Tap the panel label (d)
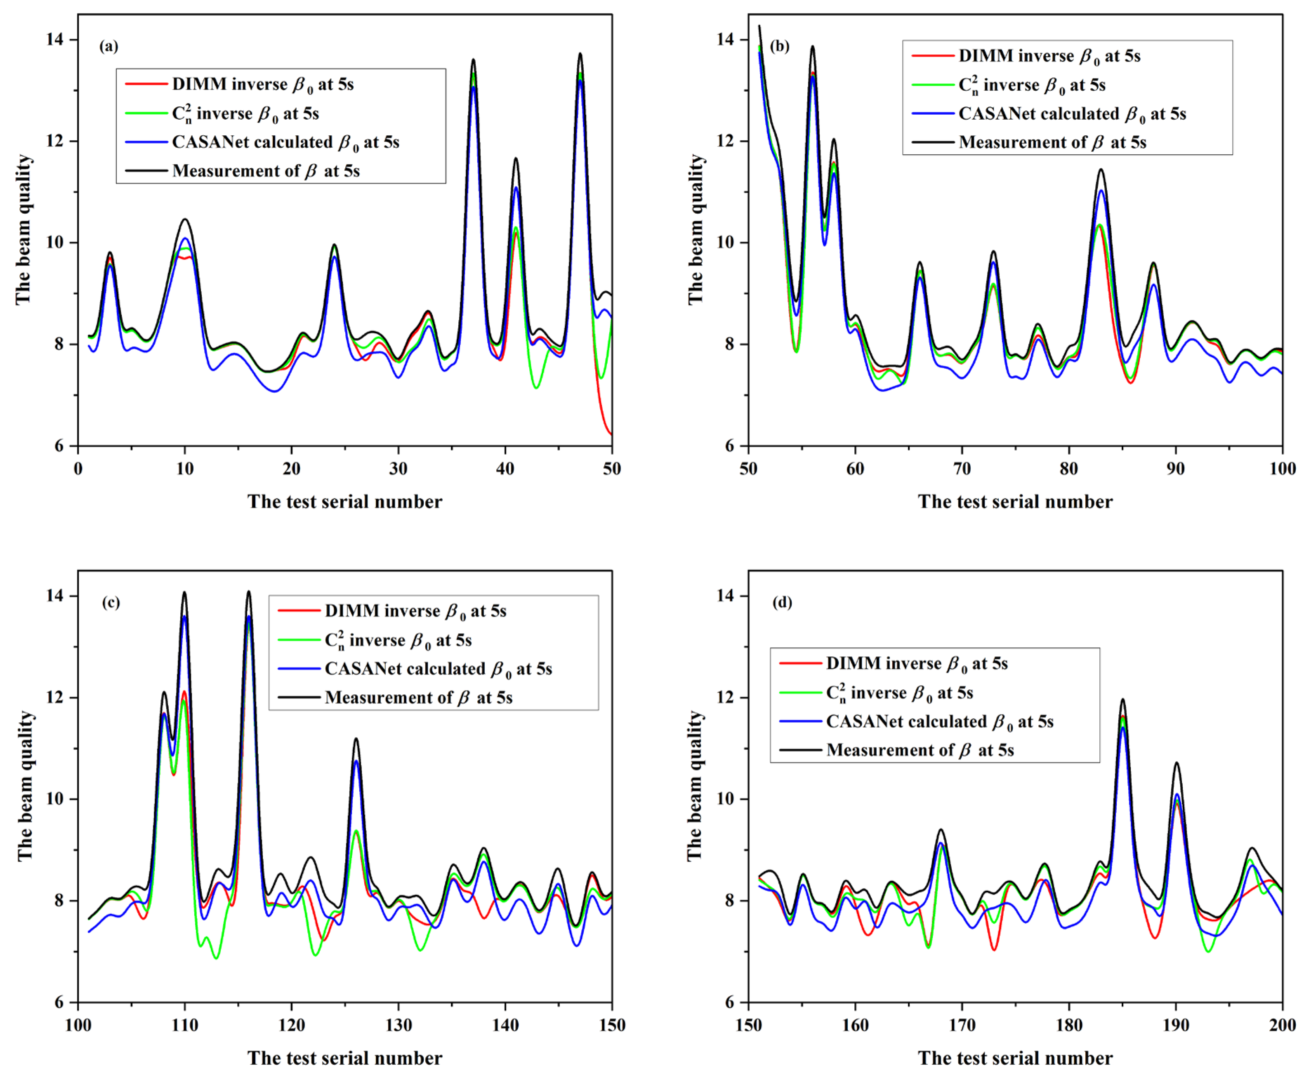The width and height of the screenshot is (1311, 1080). coord(781,602)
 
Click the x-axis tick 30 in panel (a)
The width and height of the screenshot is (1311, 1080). coord(398,469)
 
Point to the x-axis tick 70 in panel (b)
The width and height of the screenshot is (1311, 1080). coord(962,469)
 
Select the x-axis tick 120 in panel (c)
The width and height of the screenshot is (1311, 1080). coord(291,1025)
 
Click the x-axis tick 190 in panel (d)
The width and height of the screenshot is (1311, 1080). coord(1175,1025)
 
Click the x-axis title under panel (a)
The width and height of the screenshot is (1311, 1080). coord(345,502)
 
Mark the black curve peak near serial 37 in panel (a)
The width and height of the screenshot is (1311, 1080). coord(474,60)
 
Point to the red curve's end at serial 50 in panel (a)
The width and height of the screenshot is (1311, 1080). coord(611,434)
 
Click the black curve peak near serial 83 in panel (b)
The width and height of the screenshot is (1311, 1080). coord(1101,169)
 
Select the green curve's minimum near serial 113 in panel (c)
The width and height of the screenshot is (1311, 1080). coord(216,958)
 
